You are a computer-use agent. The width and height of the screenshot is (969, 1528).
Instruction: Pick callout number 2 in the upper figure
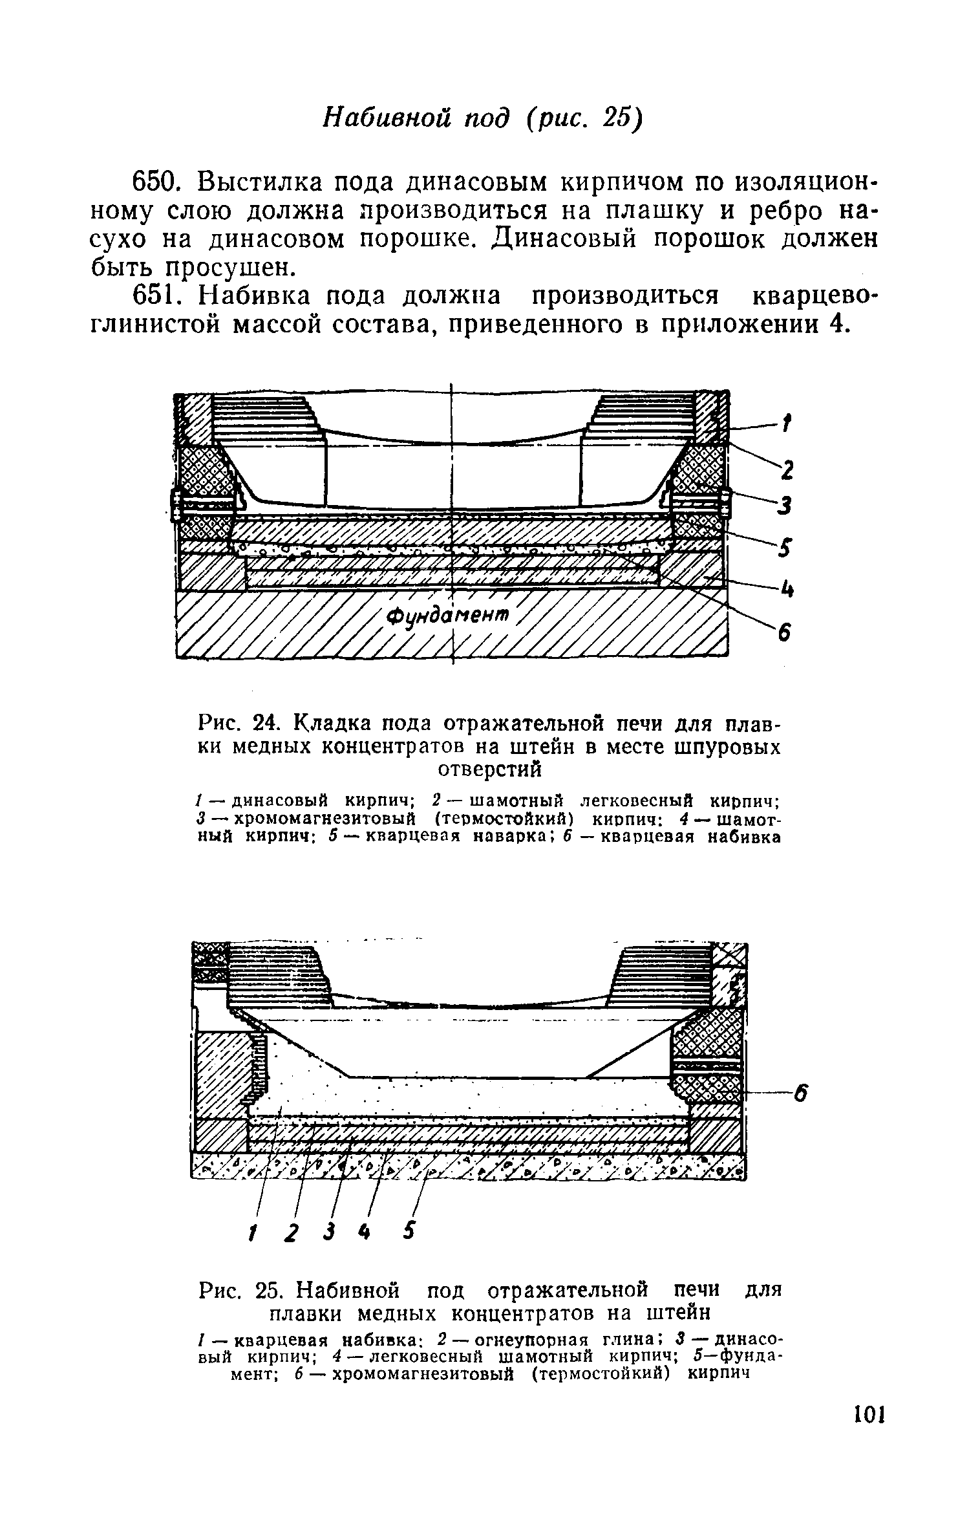click(x=786, y=471)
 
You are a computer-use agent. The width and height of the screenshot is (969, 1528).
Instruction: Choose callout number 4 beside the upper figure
click(x=787, y=589)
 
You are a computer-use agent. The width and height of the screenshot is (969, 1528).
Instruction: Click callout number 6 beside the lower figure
click(x=802, y=1095)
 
